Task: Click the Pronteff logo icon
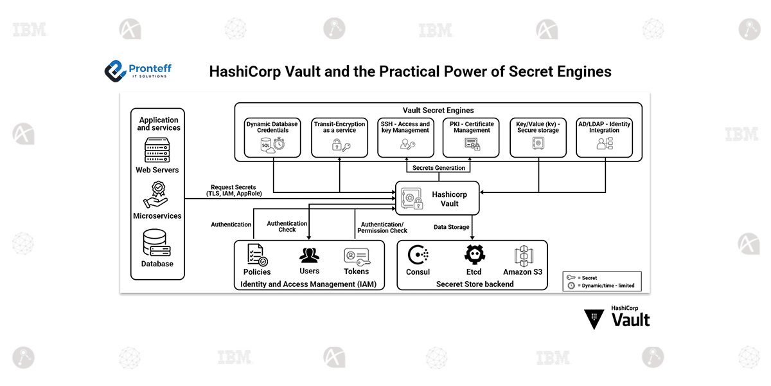[x=115, y=70]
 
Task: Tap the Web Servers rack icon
[x=157, y=150]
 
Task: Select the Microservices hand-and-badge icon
[x=157, y=195]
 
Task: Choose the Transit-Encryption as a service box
[x=339, y=137]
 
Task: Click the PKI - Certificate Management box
[x=472, y=137]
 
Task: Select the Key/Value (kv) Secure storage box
[x=538, y=137]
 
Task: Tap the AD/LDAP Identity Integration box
[x=604, y=137]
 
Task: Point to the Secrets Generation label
[x=439, y=168]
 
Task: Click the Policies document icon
[x=257, y=255]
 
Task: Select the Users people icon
[x=309, y=255]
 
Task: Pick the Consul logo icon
[x=418, y=255]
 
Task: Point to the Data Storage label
[x=451, y=227]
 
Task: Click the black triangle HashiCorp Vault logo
[x=594, y=318]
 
